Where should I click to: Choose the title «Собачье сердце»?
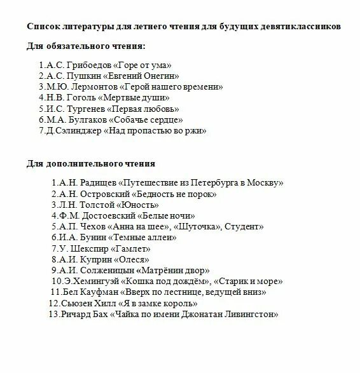[146, 119]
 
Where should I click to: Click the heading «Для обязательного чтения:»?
[85, 47]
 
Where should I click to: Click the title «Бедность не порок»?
[177, 193]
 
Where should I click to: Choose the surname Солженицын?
[103, 271]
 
